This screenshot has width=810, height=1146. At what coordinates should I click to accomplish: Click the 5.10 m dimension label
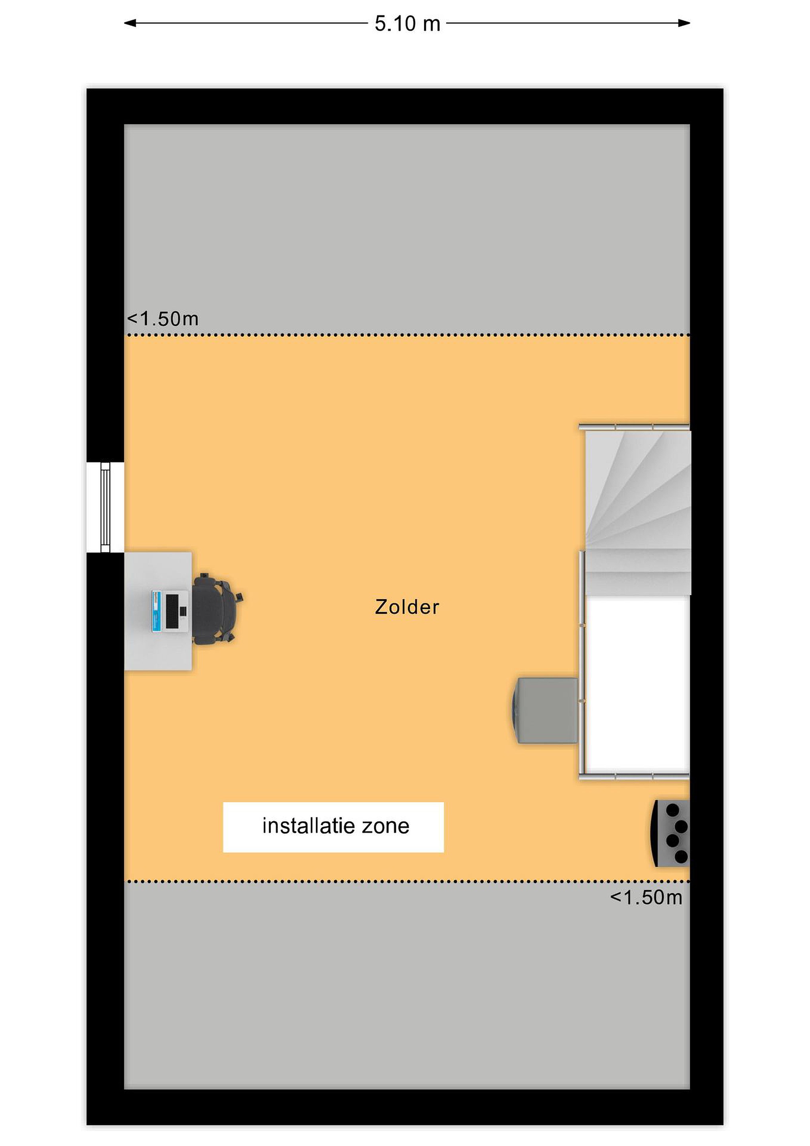tap(407, 23)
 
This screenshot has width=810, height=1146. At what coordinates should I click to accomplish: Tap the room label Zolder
tap(407, 607)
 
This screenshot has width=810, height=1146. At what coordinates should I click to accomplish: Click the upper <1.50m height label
tap(163, 318)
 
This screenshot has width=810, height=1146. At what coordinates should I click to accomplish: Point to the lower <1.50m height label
tap(646, 897)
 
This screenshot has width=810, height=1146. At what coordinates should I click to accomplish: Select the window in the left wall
tap(105, 507)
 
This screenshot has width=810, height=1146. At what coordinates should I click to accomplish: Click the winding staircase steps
tap(637, 513)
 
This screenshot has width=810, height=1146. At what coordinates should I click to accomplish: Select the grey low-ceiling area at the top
tap(407, 228)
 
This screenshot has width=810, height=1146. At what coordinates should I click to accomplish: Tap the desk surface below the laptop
tap(157, 651)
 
